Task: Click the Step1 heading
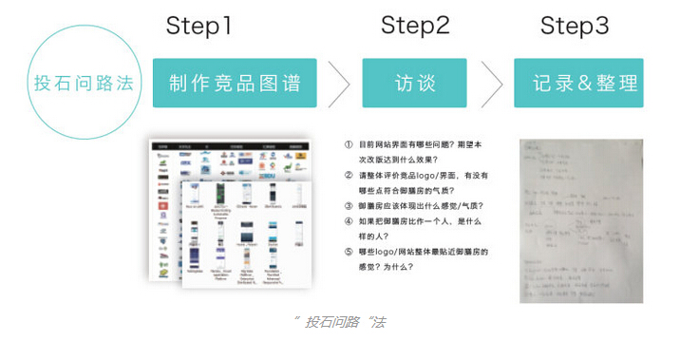198,26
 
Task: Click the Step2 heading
415,26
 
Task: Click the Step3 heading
575,26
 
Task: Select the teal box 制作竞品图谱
235,83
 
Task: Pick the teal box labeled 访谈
414,83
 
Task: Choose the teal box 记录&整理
578,83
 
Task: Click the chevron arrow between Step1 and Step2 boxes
339,84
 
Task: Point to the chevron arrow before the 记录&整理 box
491,84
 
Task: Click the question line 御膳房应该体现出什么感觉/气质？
421,205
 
